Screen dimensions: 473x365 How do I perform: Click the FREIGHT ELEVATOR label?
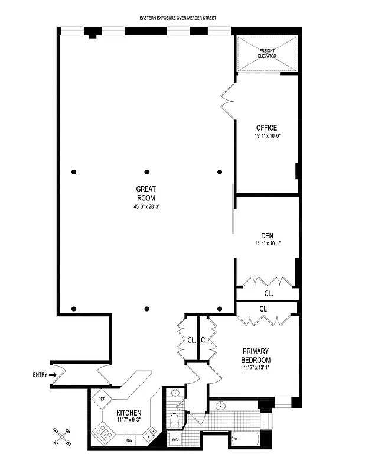[x=267, y=54]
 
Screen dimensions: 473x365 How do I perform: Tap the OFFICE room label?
[x=266, y=128]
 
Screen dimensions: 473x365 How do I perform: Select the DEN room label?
[x=266, y=235]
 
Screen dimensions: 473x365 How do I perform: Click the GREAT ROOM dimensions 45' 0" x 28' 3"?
[x=146, y=207]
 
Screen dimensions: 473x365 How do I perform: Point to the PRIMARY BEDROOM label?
[x=256, y=356]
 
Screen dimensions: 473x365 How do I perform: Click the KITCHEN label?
[x=128, y=413]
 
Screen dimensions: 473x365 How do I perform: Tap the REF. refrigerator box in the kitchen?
[x=102, y=399]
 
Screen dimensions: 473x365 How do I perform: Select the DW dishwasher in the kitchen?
[x=129, y=440]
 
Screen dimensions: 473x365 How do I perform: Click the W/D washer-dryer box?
[x=175, y=439]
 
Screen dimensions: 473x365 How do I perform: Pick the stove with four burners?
[x=103, y=437]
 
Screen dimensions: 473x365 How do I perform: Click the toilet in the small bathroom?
[x=175, y=419]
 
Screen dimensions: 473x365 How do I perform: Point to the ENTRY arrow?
[x=53, y=374]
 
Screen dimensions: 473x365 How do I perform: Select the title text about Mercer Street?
[x=178, y=18]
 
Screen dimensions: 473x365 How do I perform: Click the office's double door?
[x=227, y=101]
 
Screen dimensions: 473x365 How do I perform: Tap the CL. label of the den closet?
[x=268, y=293]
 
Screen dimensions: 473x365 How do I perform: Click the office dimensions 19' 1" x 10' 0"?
[x=266, y=136]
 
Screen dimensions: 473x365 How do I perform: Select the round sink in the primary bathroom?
[x=221, y=406]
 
